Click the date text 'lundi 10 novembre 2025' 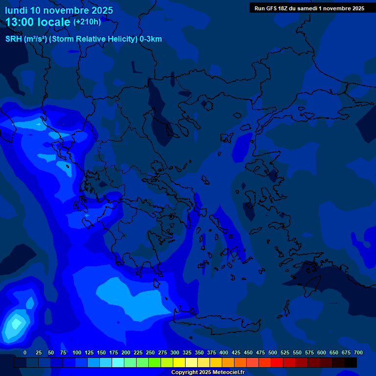pos(59,10)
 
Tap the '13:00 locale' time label pos(38,22)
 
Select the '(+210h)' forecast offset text pos(87,22)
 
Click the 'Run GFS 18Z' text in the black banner pos(274,8)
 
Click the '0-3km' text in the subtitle pos(151,39)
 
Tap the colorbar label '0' pos(25,352)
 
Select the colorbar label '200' pos(126,352)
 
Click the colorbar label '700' pos(358,352)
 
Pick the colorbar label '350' pos(199,352)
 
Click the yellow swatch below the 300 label pos(179,362)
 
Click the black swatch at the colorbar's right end pos(351,362)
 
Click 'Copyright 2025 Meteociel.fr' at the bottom pos(208,373)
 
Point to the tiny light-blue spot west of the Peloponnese pos(87,215)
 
